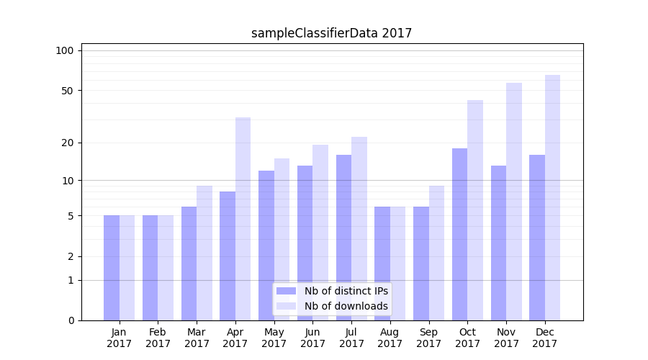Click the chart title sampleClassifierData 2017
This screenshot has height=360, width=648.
pyautogui.click(x=331, y=33)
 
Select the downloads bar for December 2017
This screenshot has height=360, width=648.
pyautogui.click(x=552, y=198)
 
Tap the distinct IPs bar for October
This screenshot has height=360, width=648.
pyautogui.click(x=459, y=234)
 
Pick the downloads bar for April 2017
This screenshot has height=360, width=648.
pyautogui.click(x=243, y=219)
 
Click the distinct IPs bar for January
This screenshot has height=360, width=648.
pyautogui.click(x=112, y=268)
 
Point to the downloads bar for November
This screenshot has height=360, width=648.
pyautogui.click(x=513, y=202)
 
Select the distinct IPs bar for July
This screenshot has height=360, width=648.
pyautogui.click(x=343, y=238)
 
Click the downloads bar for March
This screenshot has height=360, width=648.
pyautogui.click(x=204, y=253)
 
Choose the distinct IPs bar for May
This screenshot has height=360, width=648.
pyautogui.click(x=266, y=246)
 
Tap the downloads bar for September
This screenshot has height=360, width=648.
pyautogui.click(x=436, y=253)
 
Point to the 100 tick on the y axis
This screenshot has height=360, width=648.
pyautogui.click(x=65, y=50)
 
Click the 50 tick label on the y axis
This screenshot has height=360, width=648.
pyautogui.click(x=68, y=91)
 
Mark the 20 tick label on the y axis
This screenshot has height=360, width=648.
pyautogui.click(x=68, y=143)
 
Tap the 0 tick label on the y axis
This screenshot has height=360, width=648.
pyautogui.click(x=71, y=320)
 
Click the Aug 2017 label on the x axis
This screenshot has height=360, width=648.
pyautogui.click(x=390, y=338)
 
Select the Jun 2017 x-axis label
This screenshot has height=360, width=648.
pyautogui.click(x=312, y=338)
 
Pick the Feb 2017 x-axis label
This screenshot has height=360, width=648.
pyautogui.click(x=158, y=338)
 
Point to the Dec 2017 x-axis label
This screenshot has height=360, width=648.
pyautogui.click(x=545, y=338)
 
